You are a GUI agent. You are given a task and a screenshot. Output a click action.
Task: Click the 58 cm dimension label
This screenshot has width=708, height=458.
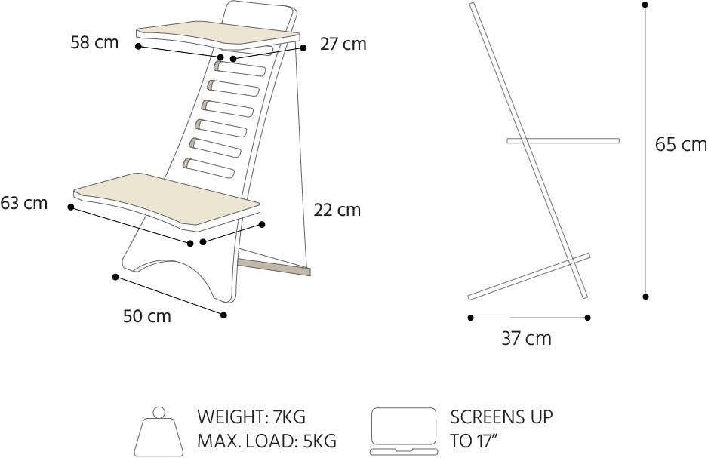94,42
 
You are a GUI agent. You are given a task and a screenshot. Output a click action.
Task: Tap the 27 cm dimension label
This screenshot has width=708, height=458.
343,45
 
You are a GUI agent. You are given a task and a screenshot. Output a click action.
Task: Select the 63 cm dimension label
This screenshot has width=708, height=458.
24,203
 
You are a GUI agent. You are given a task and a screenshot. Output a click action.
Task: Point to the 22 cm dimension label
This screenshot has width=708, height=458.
337,210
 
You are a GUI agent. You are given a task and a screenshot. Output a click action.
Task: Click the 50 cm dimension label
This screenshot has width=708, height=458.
147,316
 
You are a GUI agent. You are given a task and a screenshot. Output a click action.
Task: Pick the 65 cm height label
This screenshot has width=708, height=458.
681,144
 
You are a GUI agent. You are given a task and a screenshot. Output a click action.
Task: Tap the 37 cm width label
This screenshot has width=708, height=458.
527,338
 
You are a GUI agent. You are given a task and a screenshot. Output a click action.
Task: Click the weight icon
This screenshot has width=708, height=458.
159,432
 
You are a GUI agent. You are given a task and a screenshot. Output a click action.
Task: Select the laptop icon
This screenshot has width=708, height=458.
404,432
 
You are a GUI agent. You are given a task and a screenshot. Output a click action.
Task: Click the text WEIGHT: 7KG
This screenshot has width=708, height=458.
251,417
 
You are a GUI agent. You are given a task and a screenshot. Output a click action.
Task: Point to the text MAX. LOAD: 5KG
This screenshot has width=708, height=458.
267,441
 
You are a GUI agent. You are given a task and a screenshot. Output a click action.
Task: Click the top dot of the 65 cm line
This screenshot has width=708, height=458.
645,5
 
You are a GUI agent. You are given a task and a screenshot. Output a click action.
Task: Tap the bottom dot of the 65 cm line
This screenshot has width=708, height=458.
645,297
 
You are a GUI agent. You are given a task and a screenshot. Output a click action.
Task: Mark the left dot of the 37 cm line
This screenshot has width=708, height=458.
470,318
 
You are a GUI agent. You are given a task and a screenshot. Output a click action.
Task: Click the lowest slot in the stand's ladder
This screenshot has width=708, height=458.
208,168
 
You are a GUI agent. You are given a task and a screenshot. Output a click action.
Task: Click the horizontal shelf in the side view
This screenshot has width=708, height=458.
563,141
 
